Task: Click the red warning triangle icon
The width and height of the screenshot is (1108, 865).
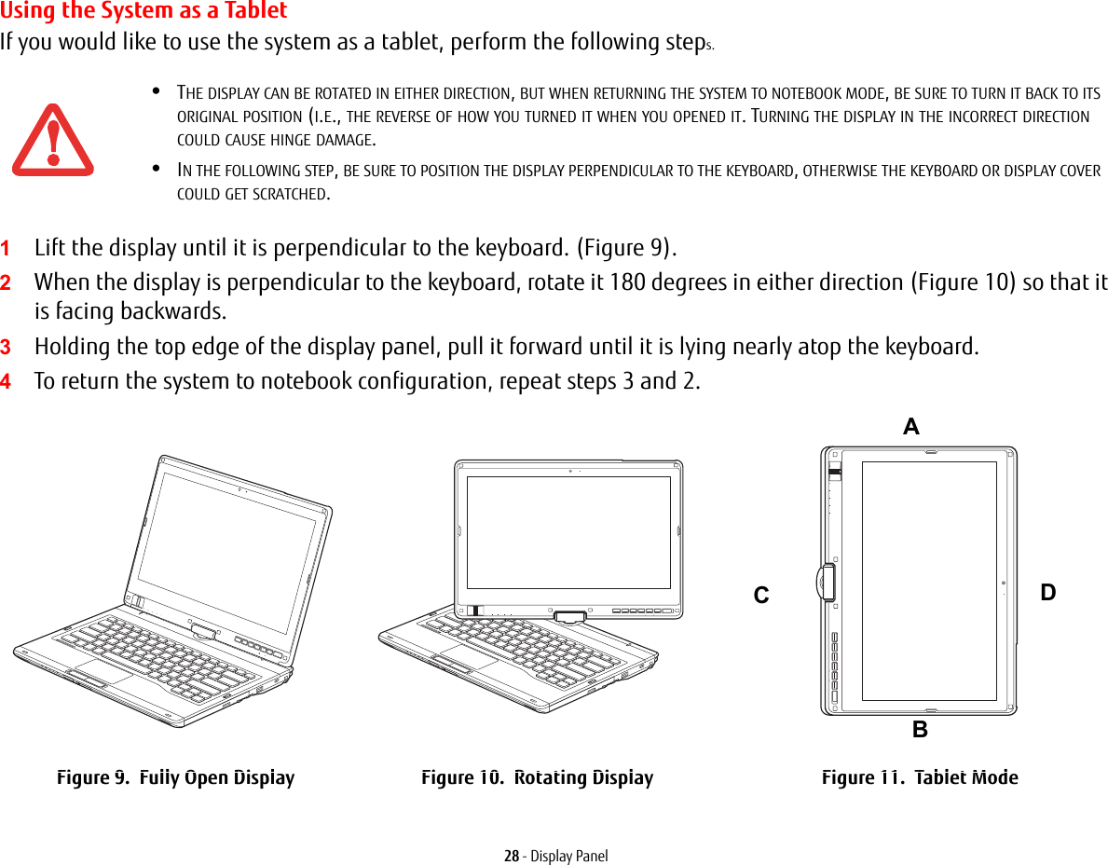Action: tap(52, 142)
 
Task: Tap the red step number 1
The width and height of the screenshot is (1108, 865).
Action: tap(7, 249)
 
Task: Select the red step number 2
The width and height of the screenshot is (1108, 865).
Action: tap(7, 282)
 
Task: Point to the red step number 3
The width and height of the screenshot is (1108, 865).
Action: tap(7, 348)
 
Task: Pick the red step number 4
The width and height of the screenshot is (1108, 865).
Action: tap(7, 382)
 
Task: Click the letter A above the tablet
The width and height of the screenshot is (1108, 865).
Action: tap(910, 427)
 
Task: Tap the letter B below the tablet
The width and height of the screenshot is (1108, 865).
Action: tap(920, 730)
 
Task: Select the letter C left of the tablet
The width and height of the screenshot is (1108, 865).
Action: tap(761, 595)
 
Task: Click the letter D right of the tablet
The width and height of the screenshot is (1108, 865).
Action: tap(1048, 593)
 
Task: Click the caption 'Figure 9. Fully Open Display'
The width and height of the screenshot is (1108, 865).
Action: tap(175, 777)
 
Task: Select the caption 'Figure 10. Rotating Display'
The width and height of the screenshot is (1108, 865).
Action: tap(537, 777)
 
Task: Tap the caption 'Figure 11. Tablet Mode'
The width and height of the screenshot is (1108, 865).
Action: tap(920, 777)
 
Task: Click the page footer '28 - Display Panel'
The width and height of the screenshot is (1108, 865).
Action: tap(555, 856)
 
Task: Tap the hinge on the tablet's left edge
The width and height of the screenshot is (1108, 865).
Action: tap(826, 583)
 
